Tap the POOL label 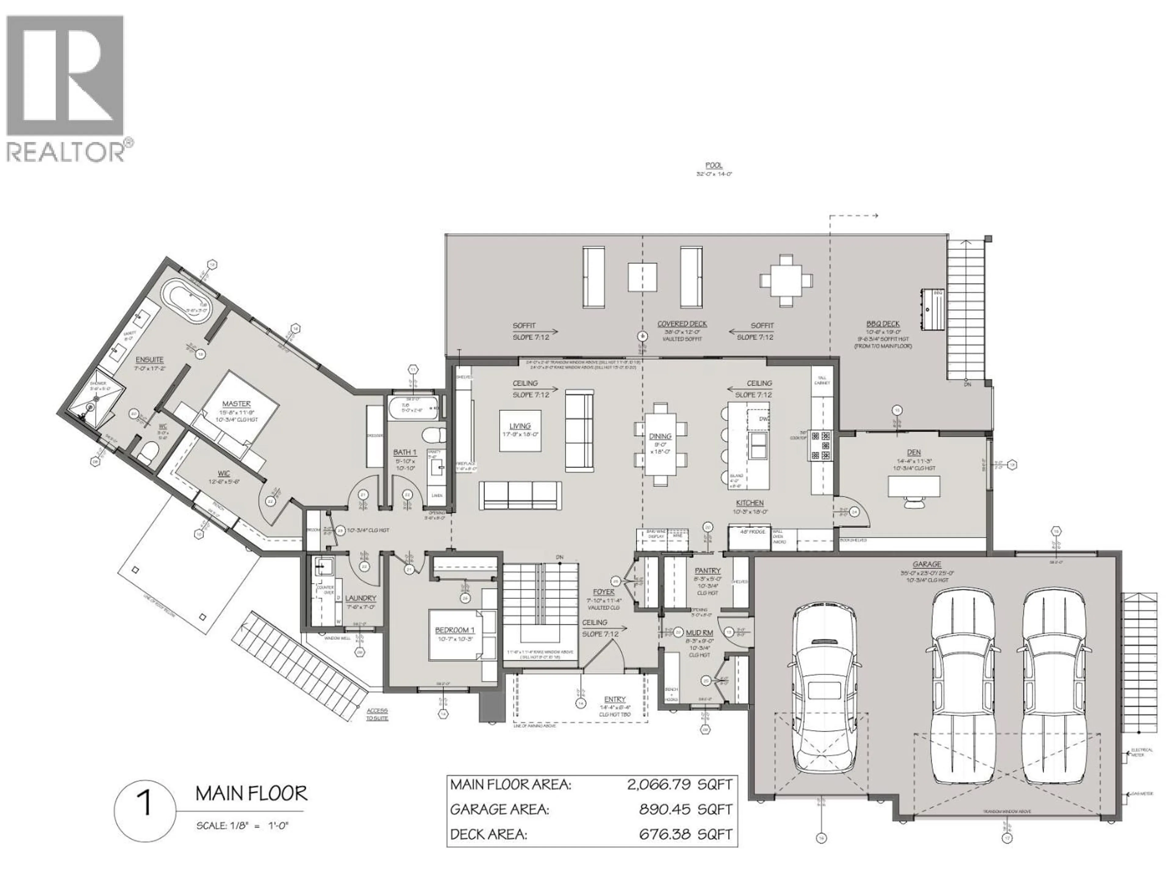714,165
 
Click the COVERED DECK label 682,324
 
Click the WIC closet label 224,473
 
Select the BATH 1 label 405,452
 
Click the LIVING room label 520,426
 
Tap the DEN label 914,452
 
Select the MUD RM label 699,633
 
